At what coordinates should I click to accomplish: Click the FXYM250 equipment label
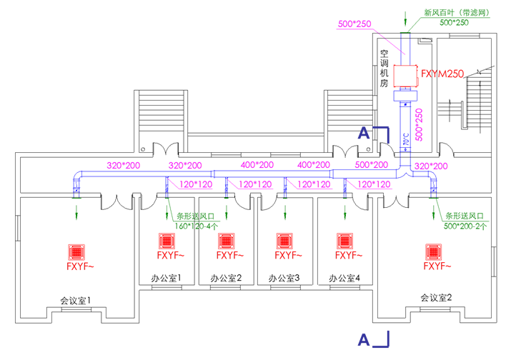click(x=443, y=74)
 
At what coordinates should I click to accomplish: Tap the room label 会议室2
click(x=436, y=297)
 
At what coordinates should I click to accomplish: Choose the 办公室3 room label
click(x=284, y=278)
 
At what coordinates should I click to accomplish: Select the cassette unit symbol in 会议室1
click(x=76, y=252)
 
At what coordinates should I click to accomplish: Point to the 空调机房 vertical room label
click(x=384, y=69)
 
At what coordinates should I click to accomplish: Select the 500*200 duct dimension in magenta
click(x=372, y=165)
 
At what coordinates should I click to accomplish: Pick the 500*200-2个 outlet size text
click(x=466, y=226)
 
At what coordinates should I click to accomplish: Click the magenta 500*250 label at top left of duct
click(x=354, y=24)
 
